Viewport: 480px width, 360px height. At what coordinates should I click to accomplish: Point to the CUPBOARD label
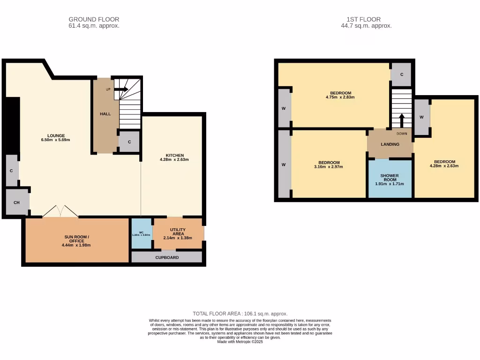point(167,257)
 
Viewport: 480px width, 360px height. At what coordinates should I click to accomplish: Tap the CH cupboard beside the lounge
point(16,202)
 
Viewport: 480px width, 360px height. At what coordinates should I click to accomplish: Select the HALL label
point(105,114)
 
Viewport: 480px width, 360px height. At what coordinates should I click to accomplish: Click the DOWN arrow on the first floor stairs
point(402,120)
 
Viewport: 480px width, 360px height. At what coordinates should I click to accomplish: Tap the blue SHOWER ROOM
point(390,179)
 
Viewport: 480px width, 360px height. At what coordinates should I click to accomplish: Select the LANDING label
point(390,144)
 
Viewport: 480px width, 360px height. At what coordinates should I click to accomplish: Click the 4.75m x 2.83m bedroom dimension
point(340,97)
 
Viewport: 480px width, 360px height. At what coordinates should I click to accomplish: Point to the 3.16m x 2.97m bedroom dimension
point(327,167)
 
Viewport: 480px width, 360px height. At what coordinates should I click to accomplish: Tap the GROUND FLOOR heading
point(94,19)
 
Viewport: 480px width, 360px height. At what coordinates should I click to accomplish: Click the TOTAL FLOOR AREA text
point(240,314)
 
